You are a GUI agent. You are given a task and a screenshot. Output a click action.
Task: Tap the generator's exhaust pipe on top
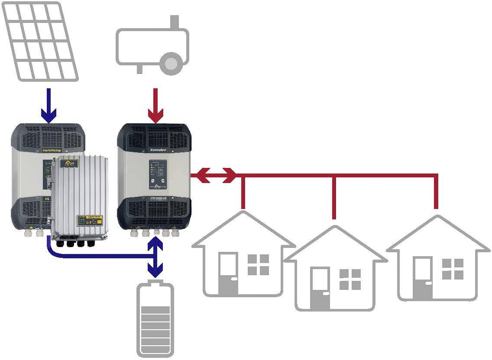coord(175,21)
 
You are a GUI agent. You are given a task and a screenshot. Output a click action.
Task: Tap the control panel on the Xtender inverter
coord(158,175)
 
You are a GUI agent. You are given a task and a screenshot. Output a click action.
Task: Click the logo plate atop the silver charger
coord(70,163)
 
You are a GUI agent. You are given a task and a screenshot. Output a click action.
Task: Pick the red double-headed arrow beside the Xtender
coord(214,176)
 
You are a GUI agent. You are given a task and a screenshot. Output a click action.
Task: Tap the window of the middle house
coord(350,279)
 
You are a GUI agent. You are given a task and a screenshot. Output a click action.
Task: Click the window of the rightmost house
coord(453,269)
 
